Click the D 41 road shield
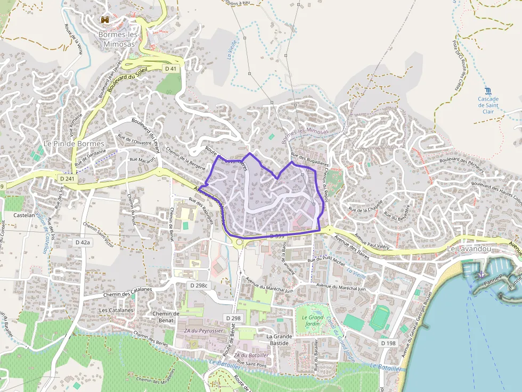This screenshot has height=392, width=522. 170,69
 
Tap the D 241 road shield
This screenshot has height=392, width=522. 68,179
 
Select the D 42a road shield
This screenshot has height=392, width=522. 83,242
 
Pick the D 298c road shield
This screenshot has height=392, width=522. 198,286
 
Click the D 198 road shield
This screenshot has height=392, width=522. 388,344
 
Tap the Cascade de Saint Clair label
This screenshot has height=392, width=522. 488,105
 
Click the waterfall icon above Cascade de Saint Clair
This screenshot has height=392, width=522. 488,91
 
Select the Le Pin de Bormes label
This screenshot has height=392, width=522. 74,144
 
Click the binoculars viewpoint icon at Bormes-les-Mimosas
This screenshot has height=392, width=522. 105,20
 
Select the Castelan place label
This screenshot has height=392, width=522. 24,216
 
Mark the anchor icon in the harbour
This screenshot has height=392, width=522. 481,274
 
